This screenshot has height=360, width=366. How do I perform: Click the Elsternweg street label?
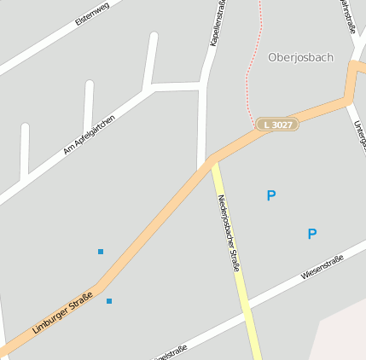pos(93,12)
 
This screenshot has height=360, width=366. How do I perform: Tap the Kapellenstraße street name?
pos(218,23)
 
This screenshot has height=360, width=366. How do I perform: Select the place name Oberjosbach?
pos(300,57)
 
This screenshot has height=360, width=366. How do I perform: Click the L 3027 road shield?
pos(278,125)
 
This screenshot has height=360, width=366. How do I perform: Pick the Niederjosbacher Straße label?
pos(229,232)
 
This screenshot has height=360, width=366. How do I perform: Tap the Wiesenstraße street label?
pos(322,268)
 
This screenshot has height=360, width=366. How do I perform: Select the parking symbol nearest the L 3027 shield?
pos(271,195)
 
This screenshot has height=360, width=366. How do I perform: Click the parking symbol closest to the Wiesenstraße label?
pos(312,234)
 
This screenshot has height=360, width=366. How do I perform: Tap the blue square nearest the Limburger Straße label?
pos(108,301)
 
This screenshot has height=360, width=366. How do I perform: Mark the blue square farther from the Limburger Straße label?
pos(101,252)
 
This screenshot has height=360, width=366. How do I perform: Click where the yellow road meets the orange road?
pos(212,161)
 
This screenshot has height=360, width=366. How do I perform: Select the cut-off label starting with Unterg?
pos(360,141)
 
